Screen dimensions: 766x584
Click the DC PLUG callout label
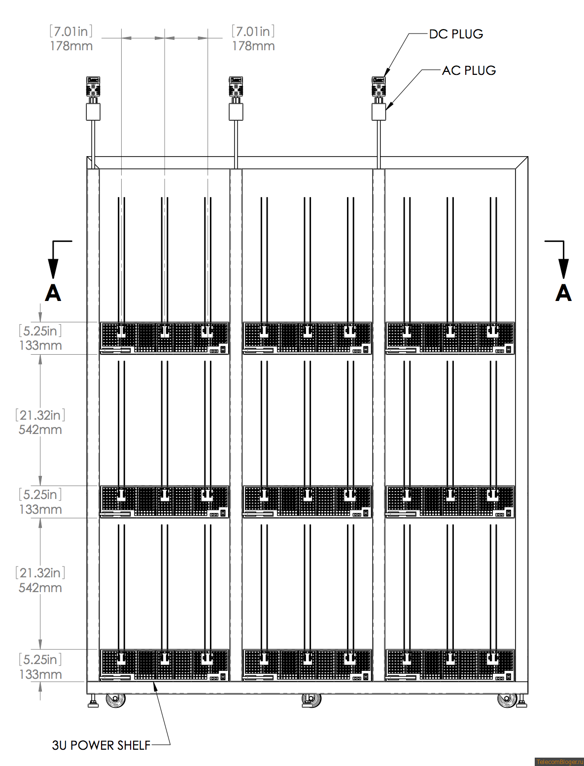(x=456, y=34)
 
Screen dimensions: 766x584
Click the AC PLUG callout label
(x=469, y=70)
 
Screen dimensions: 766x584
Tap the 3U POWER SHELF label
(x=101, y=745)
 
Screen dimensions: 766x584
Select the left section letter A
(x=53, y=293)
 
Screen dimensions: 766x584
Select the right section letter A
(x=563, y=293)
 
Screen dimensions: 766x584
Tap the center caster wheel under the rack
(x=311, y=699)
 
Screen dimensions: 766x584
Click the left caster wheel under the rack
(x=116, y=699)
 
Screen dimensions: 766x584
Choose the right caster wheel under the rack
(x=506, y=699)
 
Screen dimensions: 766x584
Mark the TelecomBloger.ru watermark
(x=559, y=762)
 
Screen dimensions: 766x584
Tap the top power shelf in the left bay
(x=165, y=338)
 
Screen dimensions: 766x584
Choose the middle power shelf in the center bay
(x=307, y=501)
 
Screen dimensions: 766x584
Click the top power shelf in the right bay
(x=450, y=338)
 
